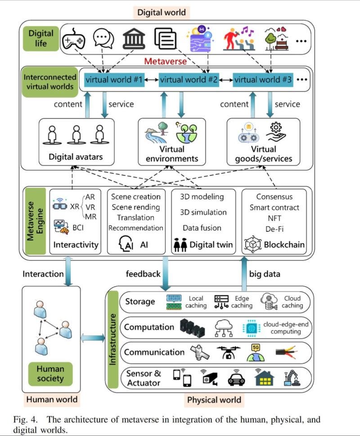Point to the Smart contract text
coord(274,208)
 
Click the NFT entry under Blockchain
coord(274,218)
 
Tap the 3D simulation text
coord(203,212)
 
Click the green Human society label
coord(50,374)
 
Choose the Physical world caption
coord(214,400)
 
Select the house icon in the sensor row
coord(264,378)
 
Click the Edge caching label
coord(242,302)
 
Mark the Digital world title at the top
coord(162,12)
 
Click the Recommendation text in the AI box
coord(135,228)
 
